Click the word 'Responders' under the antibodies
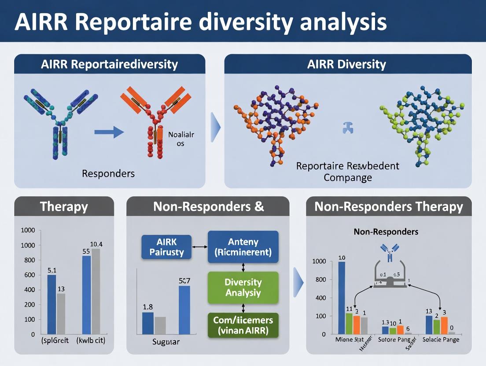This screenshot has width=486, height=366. pos(108,173)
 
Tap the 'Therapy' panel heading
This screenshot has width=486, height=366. pos(64,207)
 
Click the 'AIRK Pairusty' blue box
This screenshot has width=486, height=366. pos(166,247)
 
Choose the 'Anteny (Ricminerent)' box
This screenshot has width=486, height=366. pos(243,247)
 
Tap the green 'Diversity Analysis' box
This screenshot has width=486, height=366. pos(243,288)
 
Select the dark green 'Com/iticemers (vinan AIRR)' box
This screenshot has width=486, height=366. pos(243,325)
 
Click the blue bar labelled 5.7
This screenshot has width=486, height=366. pos(184,310)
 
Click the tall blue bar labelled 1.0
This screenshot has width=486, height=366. pos(342,297)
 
